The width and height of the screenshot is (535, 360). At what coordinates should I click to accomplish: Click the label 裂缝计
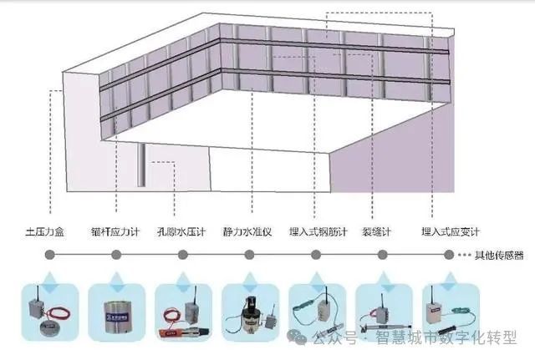[378, 231]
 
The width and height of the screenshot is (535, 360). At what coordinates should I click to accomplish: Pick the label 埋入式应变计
[445, 231]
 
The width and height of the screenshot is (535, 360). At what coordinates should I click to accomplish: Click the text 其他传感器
[500, 256]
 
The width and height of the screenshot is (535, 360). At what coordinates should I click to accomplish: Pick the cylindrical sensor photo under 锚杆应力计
[117, 313]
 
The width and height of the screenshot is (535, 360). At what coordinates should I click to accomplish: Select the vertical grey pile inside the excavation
[143, 165]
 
